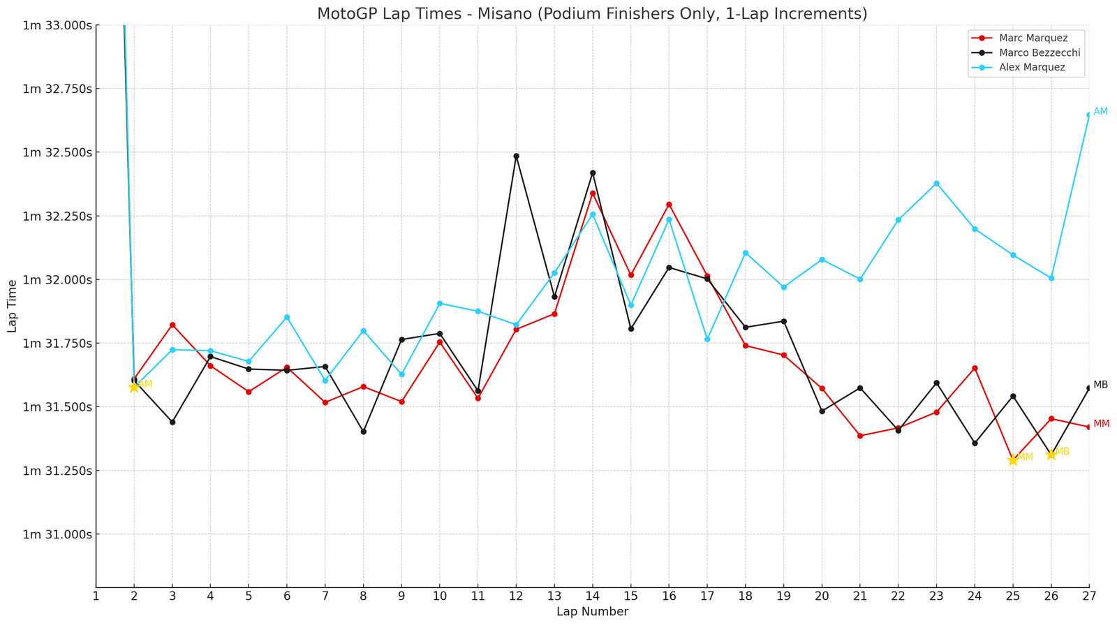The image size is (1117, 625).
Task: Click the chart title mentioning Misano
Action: coord(592,14)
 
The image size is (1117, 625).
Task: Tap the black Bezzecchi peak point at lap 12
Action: coord(516,156)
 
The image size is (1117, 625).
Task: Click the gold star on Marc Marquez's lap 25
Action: coord(1013,459)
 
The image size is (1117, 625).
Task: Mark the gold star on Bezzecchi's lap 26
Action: coord(1051,455)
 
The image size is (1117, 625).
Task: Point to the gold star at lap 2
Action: coord(134,387)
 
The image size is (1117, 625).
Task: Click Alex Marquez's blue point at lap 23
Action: coord(936,184)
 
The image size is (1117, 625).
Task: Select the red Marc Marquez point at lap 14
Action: coord(593,193)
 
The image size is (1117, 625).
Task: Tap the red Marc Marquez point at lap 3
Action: coord(172,325)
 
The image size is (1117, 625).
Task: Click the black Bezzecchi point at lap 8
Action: coord(364,432)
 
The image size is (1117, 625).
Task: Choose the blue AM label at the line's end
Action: coord(1100,112)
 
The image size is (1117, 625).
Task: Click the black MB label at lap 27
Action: coord(1100,385)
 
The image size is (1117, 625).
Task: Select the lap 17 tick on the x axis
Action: coord(707,596)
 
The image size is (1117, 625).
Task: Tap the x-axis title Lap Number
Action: coord(592,612)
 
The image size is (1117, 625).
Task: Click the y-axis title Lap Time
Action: coord(12,306)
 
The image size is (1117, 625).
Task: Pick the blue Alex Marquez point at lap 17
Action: coord(707,339)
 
